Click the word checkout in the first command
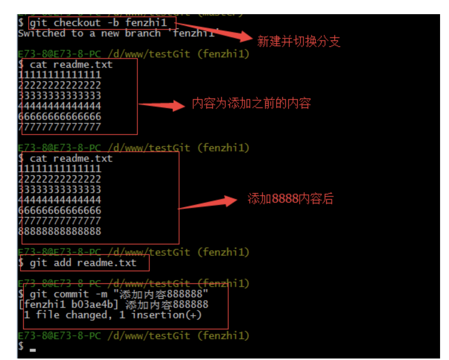click(77, 23)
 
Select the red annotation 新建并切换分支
click(299, 41)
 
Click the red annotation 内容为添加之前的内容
click(251, 103)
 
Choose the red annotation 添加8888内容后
click(290, 199)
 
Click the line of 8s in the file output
click(60, 231)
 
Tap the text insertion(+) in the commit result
click(166, 315)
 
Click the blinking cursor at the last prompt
click(33, 350)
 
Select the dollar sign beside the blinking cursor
click(21, 347)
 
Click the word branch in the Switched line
click(143, 34)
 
